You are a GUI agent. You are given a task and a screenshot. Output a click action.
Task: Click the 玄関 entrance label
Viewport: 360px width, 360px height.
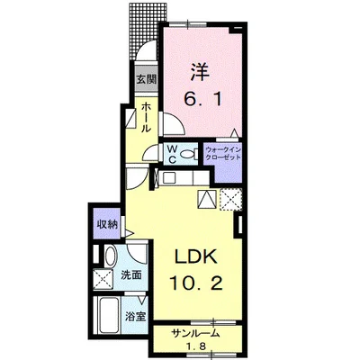point(147,79)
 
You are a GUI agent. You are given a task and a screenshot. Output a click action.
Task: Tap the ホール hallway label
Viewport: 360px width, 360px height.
point(146,117)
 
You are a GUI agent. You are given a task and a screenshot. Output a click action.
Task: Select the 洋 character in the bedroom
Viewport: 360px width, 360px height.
point(200,72)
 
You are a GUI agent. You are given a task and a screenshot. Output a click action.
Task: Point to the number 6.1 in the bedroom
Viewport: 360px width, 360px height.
point(203,98)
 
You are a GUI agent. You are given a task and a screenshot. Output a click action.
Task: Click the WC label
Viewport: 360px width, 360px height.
point(172,155)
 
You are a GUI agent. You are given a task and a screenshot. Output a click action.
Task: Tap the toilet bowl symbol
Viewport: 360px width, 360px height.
point(187,155)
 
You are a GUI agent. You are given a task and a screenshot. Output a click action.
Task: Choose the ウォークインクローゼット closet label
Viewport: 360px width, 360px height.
point(223,153)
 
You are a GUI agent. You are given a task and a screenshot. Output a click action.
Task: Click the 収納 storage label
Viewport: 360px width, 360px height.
point(107,224)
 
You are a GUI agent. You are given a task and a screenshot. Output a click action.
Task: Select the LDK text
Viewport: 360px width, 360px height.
point(195,256)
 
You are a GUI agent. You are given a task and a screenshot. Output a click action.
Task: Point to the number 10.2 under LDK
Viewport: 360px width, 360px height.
point(196,283)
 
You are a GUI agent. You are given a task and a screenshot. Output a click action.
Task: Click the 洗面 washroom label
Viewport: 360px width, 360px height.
point(131,274)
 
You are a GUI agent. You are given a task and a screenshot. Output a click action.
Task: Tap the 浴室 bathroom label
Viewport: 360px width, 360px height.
point(136,316)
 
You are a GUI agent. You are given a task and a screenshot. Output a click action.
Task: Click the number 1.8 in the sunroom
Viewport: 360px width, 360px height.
point(195,346)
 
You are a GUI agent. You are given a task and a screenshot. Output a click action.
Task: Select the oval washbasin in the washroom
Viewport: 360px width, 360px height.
point(110,256)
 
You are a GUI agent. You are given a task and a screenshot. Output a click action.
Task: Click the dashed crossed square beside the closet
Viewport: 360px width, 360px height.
point(230,200)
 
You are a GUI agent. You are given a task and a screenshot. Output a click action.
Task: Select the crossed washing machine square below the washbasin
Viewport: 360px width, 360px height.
point(103,279)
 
